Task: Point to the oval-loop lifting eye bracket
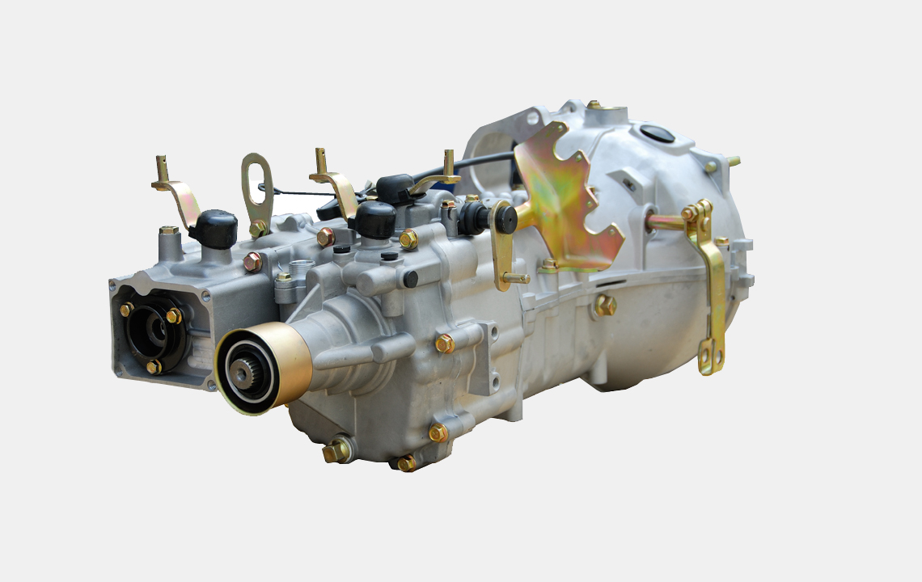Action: [257, 190]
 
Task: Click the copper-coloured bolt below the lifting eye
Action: [252, 261]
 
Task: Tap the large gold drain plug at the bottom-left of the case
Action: [335, 451]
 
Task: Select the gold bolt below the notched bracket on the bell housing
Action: [604, 305]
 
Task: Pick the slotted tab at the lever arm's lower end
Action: [709, 356]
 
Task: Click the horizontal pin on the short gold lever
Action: [514, 278]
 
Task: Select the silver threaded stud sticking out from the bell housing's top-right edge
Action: [732, 161]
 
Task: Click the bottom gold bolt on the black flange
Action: [153, 366]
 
